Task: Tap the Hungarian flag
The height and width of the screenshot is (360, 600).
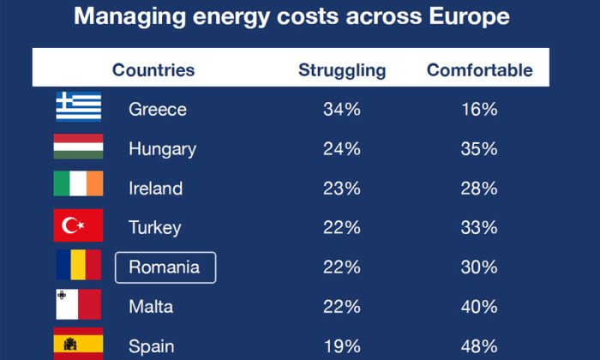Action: (79, 147)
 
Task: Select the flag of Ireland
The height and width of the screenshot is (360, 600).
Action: (79, 186)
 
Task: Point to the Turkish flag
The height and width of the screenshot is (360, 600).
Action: (79, 225)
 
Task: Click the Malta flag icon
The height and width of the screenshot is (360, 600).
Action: (79, 304)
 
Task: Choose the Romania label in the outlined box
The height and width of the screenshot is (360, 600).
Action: (165, 267)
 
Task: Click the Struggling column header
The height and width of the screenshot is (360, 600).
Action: (342, 70)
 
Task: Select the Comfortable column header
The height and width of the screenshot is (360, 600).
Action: (479, 70)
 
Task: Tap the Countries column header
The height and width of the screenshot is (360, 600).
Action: (153, 70)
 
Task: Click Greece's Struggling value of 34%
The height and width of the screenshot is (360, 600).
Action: (342, 110)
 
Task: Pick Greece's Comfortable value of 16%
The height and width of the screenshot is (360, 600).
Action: (479, 110)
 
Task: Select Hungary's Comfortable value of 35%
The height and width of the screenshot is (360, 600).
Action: (479, 149)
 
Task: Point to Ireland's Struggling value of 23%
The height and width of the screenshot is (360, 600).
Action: (342, 189)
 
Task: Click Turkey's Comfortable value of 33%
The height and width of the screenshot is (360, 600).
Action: (479, 228)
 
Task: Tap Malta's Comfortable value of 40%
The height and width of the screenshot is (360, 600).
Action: (479, 307)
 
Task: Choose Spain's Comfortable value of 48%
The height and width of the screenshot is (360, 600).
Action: (479, 346)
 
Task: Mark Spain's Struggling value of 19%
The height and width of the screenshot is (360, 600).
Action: (342, 346)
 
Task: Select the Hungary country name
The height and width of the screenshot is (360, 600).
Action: (162, 149)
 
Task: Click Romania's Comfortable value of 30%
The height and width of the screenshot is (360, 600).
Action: (479, 267)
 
